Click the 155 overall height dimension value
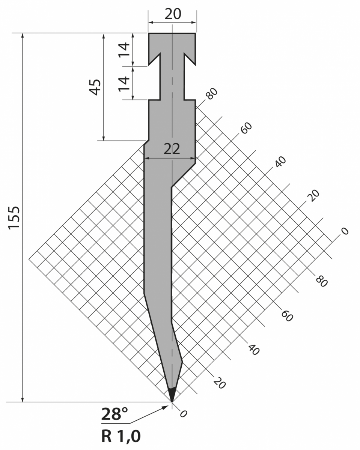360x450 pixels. (x=14, y=217)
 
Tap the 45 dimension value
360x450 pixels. (x=95, y=87)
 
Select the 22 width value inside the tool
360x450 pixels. (x=172, y=149)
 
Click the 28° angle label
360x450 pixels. (x=114, y=414)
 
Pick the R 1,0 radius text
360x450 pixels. (x=121, y=436)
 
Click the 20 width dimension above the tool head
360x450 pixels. (x=173, y=14)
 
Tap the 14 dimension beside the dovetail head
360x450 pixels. (x=124, y=50)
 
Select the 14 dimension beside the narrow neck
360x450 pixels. (x=124, y=84)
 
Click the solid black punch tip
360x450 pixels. (x=172, y=394)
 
